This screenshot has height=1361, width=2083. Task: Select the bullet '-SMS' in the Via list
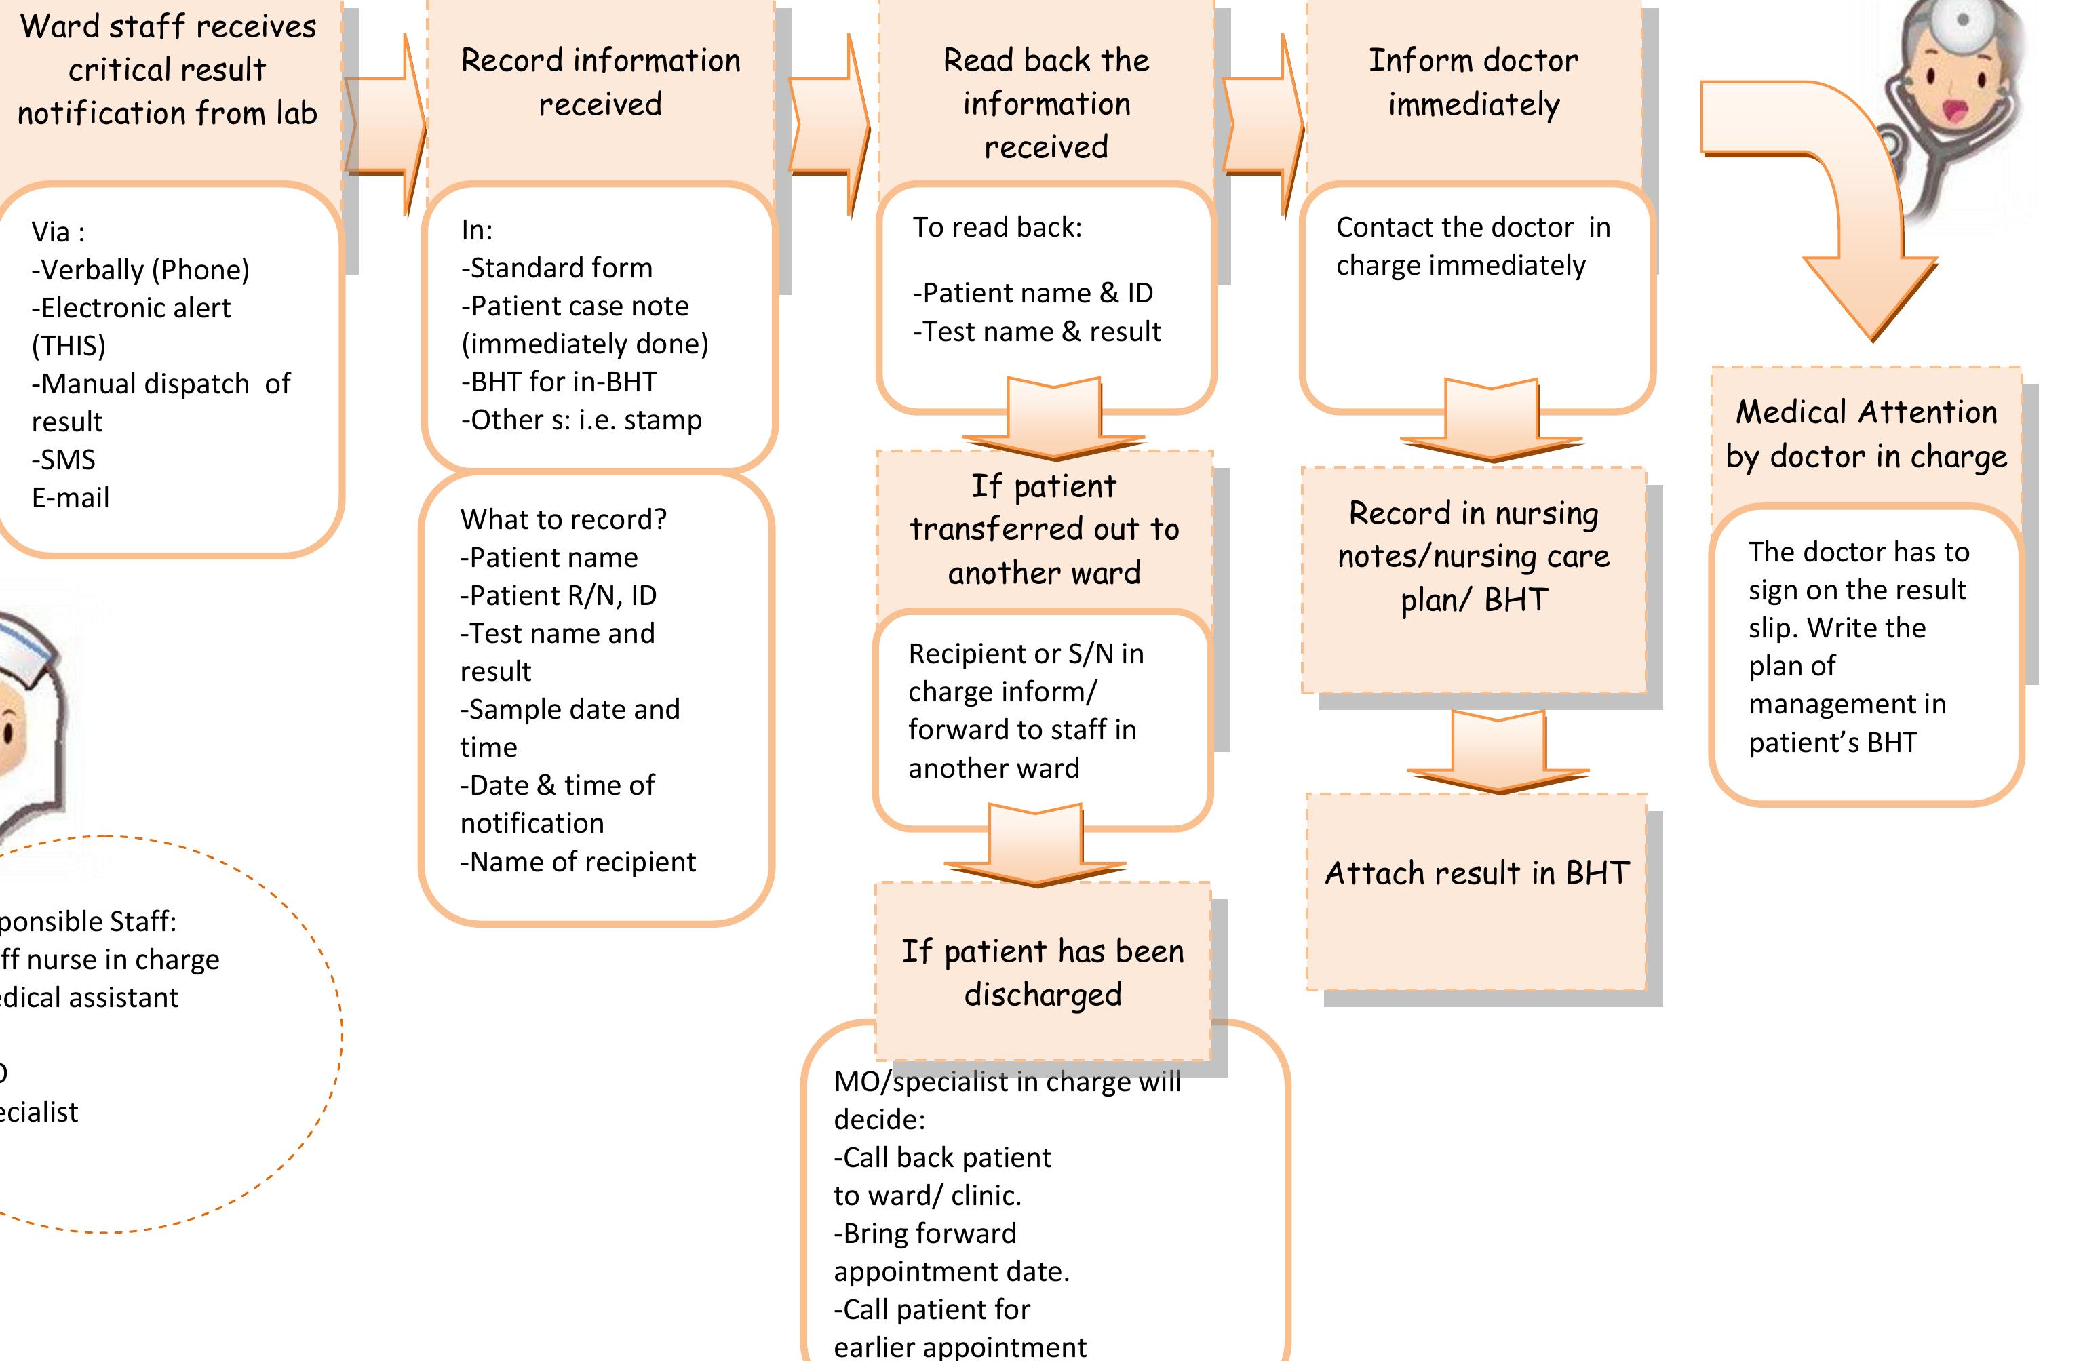click(x=63, y=460)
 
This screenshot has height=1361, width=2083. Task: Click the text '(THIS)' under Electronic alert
click(x=69, y=346)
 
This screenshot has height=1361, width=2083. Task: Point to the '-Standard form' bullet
click(x=557, y=268)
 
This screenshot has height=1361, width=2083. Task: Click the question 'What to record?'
click(x=563, y=519)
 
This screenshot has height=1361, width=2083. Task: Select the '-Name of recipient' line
click(x=578, y=862)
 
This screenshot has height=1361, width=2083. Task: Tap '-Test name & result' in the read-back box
click(x=1036, y=332)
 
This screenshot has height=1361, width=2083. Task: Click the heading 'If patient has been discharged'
click(x=1043, y=972)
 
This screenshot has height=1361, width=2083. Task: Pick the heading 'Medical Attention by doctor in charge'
click(x=1866, y=434)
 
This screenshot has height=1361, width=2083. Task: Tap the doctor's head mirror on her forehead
click(x=1962, y=22)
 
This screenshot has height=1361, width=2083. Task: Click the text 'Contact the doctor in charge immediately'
click(x=1472, y=246)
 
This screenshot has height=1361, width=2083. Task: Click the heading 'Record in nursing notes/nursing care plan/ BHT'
click(x=1473, y=557)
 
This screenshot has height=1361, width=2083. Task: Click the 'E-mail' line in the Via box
click(x=70, y=498)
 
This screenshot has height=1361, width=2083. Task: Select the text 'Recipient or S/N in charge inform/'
click(x=1025, y=672)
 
